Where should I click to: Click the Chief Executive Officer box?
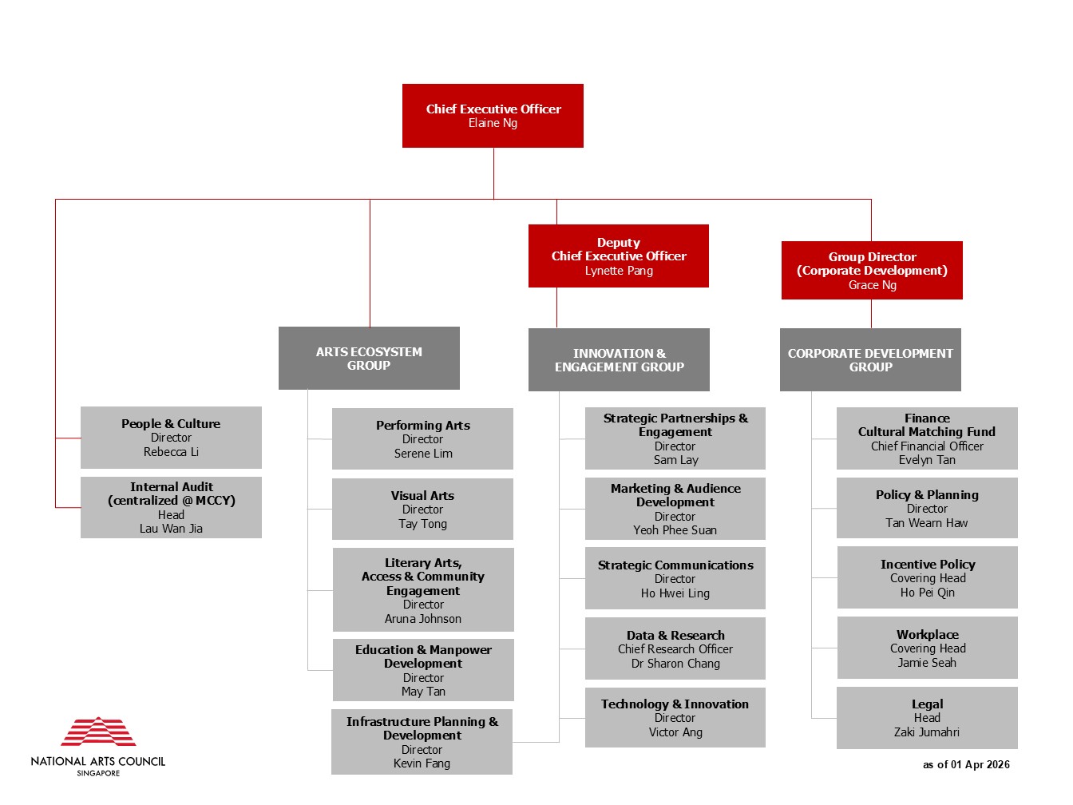click(x=493, y=116)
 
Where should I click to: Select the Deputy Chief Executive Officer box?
click(x=619, y=256)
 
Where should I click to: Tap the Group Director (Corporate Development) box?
click(x=872, y=270)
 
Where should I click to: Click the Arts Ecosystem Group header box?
click(x=369, y=358)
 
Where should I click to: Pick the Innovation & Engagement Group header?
click(x=619, y=359)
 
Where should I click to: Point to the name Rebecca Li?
click(x=171, y=452)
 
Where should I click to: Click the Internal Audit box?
click(x=171, y=507)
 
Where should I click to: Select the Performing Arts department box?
click(x=422, y=438)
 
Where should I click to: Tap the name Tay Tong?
click(x=422, y=524)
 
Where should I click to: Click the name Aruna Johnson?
click(x=423, y=619)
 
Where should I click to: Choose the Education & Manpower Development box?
click(x=423, y=669)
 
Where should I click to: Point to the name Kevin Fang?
click(x=422, y=763)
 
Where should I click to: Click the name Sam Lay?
click(x=675, y=460)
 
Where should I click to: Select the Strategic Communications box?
click(x=675, y=578)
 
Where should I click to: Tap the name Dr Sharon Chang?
click(x=675, y=664)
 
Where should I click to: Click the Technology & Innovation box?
click(x=675, y=717)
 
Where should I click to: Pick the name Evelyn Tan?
click(x=927, y=460)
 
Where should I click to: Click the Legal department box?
click(x=927, y=717)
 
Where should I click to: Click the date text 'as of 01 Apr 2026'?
click(x=966, y=764)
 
